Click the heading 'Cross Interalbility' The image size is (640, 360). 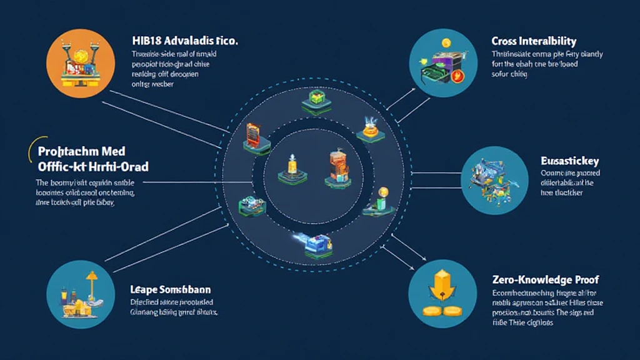pos(534,41)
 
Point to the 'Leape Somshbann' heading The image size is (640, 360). pos(170,290)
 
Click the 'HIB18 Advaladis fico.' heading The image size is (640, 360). pos(185,41)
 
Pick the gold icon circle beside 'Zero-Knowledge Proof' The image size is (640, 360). pos(442,294)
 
